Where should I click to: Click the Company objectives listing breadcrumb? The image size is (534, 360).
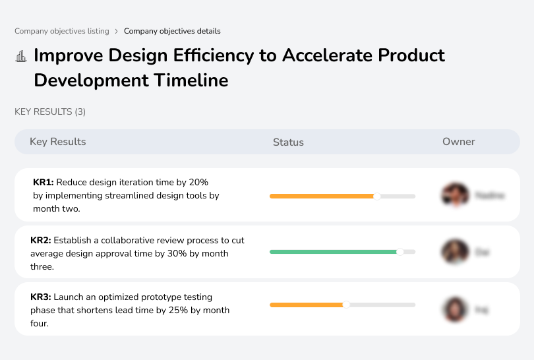coord(62,31)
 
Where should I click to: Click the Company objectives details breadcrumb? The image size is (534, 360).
coord(172,31)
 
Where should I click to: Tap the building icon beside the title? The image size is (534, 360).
coord(21,57)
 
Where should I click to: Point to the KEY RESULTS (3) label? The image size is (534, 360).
coord(50,112)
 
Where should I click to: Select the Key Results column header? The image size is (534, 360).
coord(58,142)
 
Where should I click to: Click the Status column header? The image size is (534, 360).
coord(288,142)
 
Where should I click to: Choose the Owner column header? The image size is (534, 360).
coord(459,142)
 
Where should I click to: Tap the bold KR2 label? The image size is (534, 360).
coord(41,241)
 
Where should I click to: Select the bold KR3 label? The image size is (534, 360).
coord(41,297)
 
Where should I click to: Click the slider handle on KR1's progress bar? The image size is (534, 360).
coord(377,196)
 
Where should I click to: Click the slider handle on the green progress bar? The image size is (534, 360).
coord(400,252)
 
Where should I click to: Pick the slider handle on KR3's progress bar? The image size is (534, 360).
coord(346,305)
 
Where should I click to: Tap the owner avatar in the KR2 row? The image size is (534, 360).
coord(455,252)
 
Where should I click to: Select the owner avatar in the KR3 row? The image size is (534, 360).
coord(455,309)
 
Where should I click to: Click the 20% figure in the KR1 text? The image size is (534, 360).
coord(198,182)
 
